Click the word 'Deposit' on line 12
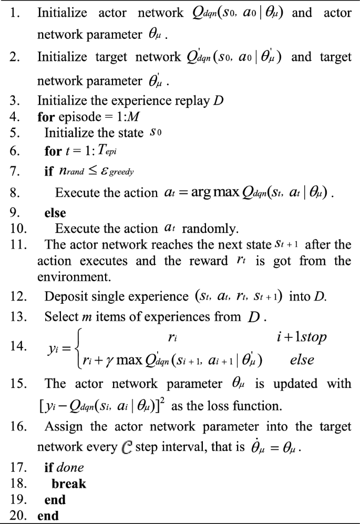[x=63, y=296]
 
